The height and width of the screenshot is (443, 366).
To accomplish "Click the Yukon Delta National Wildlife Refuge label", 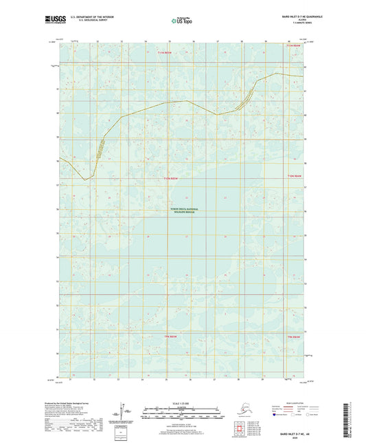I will [x=183, y=211].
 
